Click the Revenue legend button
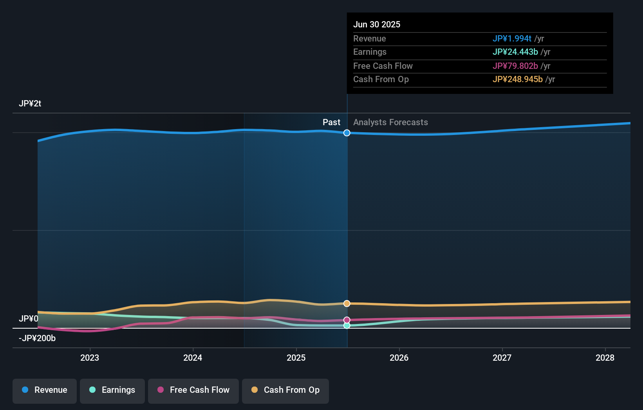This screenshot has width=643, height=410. (x=45, y=390)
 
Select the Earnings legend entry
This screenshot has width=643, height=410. (x=112, y=390)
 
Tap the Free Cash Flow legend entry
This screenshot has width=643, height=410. (x=193, y=390)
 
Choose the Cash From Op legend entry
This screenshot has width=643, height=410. (x=285, y=390)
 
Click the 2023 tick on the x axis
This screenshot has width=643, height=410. (x=90, y=358)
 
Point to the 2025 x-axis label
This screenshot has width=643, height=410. (x=296, y=358)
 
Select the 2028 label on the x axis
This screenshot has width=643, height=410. (x=605, y=358)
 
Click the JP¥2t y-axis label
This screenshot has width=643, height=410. (x=30, y=104)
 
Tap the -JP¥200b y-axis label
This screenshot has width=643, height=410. (x=37, y=338)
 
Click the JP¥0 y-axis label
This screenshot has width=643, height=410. (x=29, y=319)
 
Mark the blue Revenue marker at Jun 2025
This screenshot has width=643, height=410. (x=347, y=133)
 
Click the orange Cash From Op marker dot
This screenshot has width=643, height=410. (x=347, y=304)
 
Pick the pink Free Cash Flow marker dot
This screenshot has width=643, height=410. (x=347, y=320)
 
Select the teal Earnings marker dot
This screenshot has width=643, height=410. (x=347, y=325)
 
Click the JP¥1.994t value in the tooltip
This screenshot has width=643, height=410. (x=512, y=39)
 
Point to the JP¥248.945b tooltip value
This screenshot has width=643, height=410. (x=517, y=79)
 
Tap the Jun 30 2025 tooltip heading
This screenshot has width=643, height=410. (x=377, y=25)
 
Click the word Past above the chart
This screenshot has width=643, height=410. (x=331, y=122)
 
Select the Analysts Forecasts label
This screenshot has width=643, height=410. (x=390, y=122)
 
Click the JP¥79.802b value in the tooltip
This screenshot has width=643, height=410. (x=515, y=66)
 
